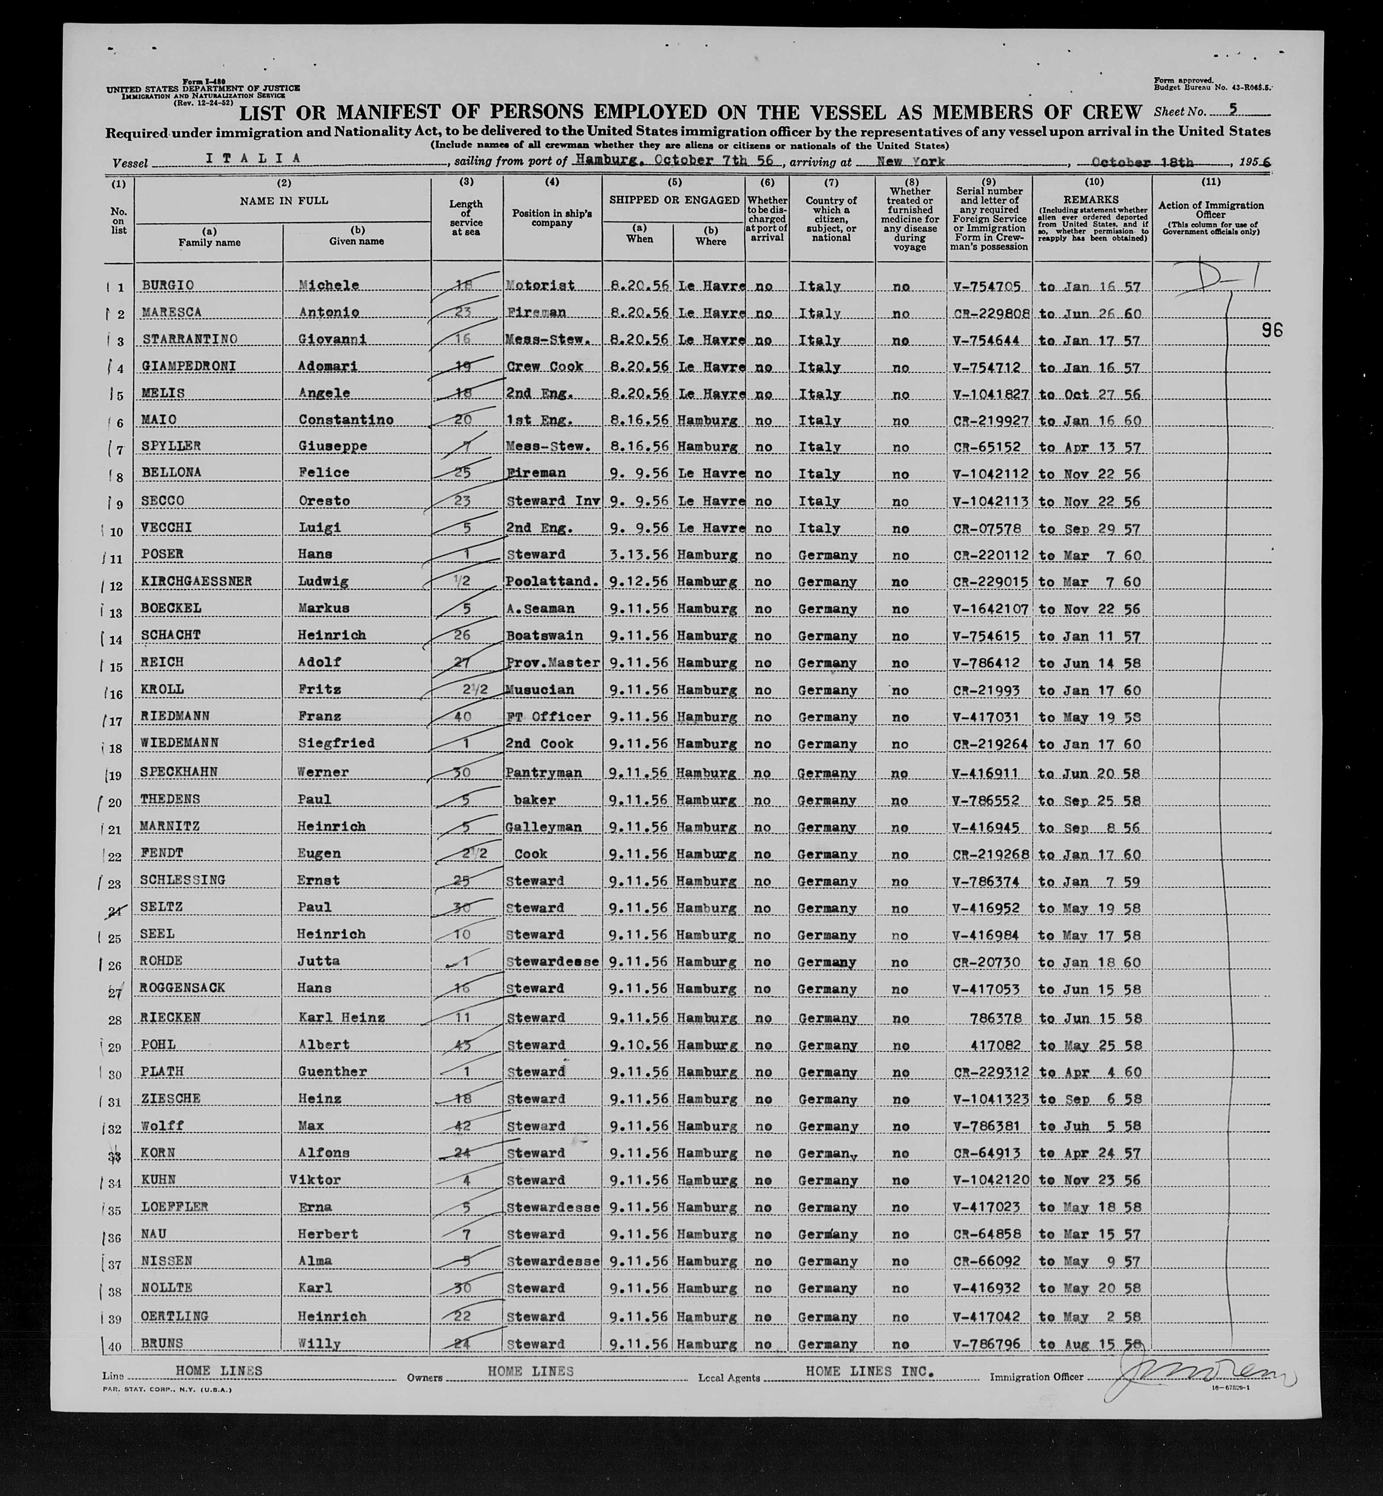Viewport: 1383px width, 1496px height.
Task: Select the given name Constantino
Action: [346, 420]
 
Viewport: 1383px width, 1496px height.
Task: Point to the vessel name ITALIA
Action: [253, 159]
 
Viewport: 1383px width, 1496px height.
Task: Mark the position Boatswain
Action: [544, 635]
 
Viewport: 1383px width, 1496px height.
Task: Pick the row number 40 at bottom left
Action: [115, 1344]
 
